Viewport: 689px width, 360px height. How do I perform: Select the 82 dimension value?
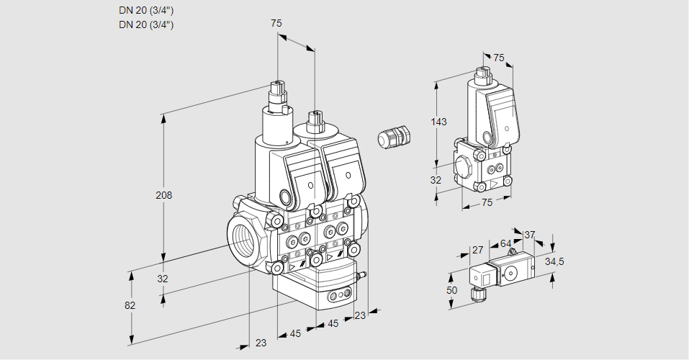[130, 305]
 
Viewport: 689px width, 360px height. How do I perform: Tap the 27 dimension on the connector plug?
[477, 250]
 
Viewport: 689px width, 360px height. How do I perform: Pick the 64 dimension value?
[506, 244]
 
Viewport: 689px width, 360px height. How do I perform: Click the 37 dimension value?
[529, 234]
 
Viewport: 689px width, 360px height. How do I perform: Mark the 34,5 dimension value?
[554, 261]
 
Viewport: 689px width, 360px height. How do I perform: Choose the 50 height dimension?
[451, 289]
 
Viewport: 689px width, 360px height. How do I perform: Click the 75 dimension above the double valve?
[276, 24]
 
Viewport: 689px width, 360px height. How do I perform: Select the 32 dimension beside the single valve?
[436, 180]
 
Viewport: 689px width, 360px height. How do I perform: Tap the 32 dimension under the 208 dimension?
[163, 279]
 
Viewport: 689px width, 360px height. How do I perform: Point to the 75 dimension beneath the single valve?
[487, 203]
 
